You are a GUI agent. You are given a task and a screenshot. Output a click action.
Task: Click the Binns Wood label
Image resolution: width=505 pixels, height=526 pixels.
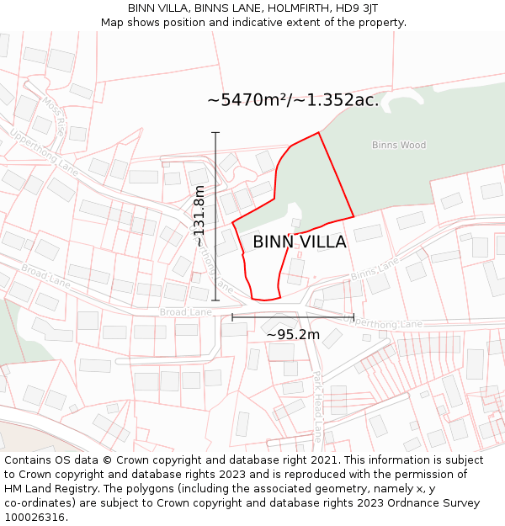(399, 145)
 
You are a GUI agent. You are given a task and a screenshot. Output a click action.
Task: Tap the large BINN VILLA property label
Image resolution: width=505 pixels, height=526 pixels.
(300, 242)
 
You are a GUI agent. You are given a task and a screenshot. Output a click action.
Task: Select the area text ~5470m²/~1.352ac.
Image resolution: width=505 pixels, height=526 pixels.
(293, 100)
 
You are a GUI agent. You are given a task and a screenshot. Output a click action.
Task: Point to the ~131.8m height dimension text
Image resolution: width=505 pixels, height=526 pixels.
(199, 216)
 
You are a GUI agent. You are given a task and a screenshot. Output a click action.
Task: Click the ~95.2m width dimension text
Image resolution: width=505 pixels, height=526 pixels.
(293, 335)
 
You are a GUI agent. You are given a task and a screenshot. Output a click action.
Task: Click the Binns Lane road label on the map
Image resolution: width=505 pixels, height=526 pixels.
(375, 269)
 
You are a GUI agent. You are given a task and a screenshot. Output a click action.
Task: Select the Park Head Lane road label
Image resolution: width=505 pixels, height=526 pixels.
(316, 407)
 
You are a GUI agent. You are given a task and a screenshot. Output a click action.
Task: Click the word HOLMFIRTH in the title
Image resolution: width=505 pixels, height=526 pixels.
(288, 8)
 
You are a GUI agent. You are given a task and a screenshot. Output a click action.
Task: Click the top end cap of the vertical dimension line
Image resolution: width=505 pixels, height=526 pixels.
(215, 132)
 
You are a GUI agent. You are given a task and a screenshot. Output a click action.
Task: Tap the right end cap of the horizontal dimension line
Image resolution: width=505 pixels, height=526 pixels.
(353, 317)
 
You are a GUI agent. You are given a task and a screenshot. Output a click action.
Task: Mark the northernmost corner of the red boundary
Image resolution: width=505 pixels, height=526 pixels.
(319, 132)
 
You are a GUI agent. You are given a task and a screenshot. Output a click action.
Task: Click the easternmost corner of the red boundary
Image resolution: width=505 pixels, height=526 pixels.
(353, 216)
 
